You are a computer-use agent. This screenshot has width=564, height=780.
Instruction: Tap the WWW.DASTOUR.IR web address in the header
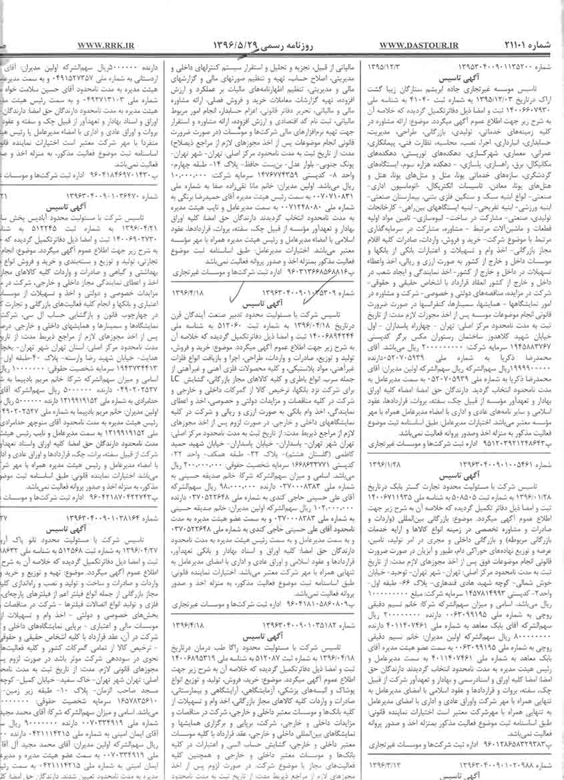point(418,45)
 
